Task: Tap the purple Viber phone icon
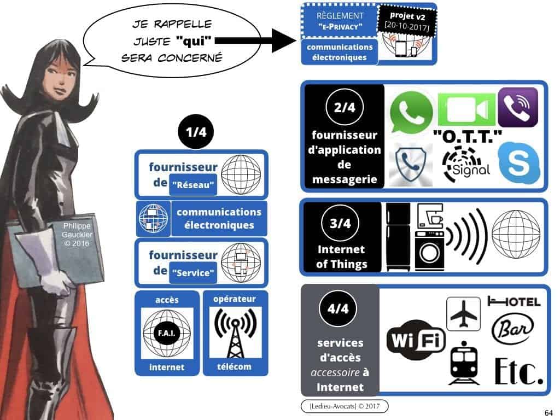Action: [x=518, y=107]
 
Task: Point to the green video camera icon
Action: [x=466, y=109]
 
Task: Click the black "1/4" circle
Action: [x=195, y=132]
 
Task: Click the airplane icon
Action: [x=463, y=314]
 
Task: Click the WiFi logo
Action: [x=416, y=340]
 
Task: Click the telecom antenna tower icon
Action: [x=235, y=332]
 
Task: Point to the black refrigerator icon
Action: [x=398, y=236]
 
